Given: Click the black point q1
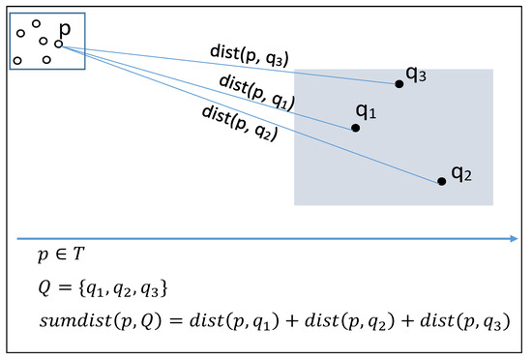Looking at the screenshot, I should pyautogui.click(x=356, y=128).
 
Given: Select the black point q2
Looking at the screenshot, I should pyautogui.click(x=442, y=181).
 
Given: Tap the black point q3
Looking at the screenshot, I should pyautogui.click(x=400, y=84).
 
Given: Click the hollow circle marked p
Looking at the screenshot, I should pyautogui.click(x=59, y=44).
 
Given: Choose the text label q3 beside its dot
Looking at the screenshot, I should pyautogui.click(x=417, y=74).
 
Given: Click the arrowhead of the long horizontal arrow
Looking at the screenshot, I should pyautogui.click(x=513, y=238).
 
